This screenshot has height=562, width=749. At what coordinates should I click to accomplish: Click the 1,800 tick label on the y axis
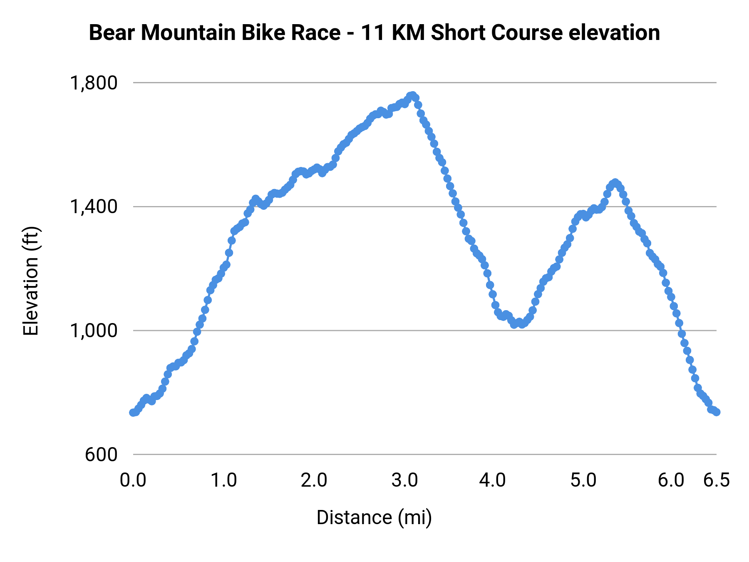(x=94, y=83)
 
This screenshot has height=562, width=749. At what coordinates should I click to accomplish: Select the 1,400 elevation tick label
(x=94, y=206)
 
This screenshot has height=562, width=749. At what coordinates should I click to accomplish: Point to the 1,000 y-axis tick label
(x=94, y=331)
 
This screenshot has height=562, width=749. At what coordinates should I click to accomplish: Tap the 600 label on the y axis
(x=102, y=455)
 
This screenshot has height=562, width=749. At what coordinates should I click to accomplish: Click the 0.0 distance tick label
(x=133, y=480)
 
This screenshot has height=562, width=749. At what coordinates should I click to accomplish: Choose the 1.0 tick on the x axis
(x=223, y=480)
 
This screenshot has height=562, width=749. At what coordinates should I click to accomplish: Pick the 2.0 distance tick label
(x=314, y=480)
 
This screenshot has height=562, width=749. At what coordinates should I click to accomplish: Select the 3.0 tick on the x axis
(x=404, y=480)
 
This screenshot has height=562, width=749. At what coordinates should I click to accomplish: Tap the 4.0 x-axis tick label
(x=493, y=480)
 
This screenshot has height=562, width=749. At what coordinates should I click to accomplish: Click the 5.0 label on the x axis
(x=583, y=480)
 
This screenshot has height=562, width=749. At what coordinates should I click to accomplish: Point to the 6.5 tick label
(x=717, y=480)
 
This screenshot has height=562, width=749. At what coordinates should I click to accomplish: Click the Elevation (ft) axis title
(x=31, y=281)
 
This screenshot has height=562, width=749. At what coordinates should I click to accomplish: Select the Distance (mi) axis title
(x=374, y=517)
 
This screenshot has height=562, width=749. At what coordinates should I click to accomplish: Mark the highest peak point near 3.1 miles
(x=412, y=95)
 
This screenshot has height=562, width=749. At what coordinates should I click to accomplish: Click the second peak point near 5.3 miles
(x=615, y=183)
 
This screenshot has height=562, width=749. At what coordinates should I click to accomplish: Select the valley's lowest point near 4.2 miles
(x=514, y=324)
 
